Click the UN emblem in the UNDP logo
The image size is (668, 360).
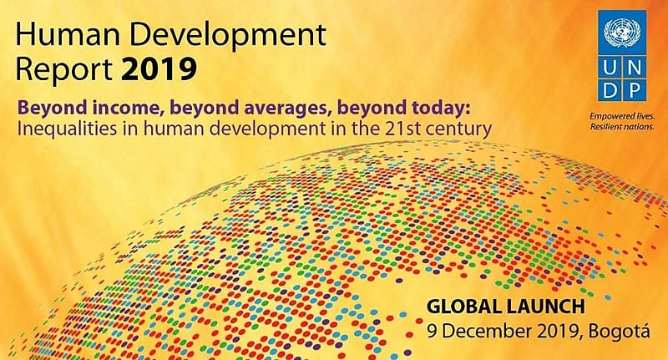pyautogui.click(x=620, y=33)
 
